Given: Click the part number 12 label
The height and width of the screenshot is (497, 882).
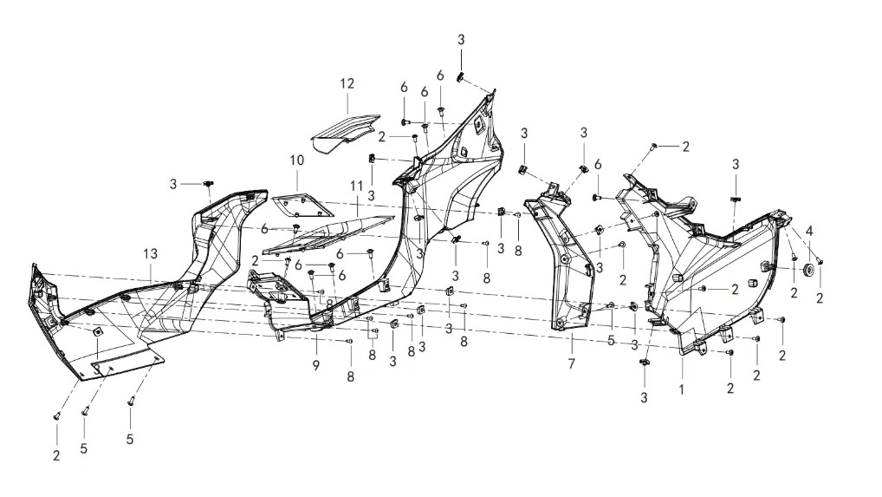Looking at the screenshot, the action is tap(347, 84).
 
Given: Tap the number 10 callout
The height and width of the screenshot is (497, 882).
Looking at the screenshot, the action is tap(296, 160).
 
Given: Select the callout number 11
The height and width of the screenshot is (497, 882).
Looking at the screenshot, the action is tap(357, 186).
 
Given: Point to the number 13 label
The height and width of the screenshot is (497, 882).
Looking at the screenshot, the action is tap(150, 254).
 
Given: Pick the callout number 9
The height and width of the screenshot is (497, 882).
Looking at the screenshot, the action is tap(316, 365).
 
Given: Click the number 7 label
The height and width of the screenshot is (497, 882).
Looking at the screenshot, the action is tap(572, 363).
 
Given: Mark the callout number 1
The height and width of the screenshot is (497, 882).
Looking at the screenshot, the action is tap(682, 389).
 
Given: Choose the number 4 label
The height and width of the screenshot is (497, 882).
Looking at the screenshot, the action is tap(809, 231).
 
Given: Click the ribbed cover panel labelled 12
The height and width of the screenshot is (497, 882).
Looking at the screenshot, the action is tap(345, 133).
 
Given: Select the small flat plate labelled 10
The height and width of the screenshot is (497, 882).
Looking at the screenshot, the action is tap(302, 206).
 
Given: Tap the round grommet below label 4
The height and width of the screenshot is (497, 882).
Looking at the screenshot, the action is tap(809, 269).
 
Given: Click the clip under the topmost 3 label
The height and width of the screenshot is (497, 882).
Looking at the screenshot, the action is tap(460, 76).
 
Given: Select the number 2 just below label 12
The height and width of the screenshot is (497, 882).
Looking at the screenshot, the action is tap(382, 137).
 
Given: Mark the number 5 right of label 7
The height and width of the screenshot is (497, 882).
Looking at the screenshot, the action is tap(612, 341).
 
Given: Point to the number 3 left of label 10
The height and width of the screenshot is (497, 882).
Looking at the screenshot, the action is tap(173, 184).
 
